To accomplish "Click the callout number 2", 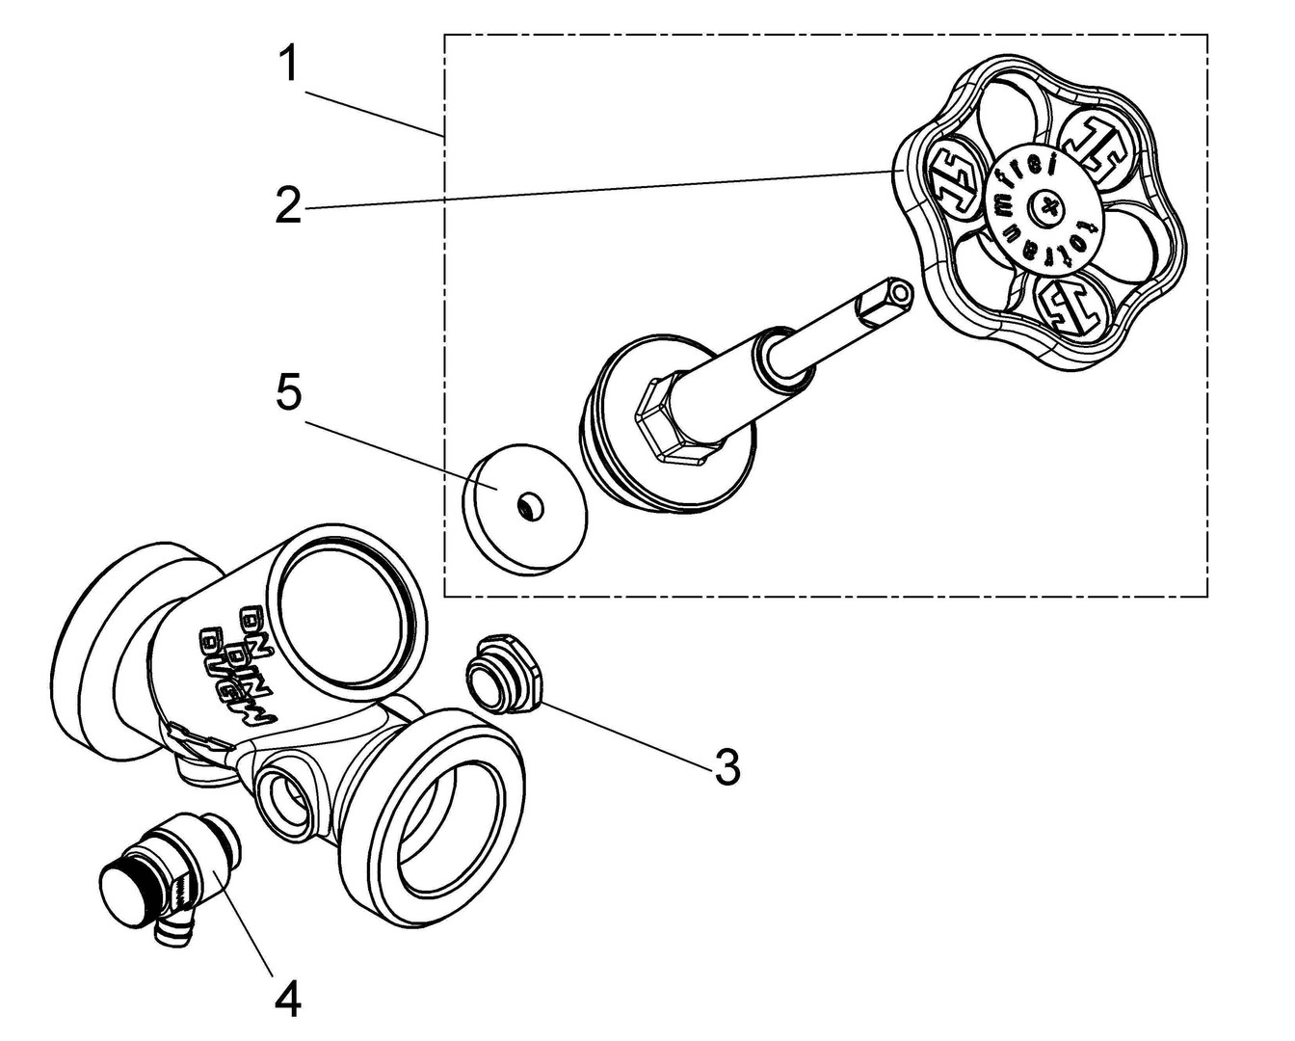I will [288, 204].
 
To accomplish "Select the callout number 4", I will [286, 999].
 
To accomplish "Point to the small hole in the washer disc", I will [528, 506].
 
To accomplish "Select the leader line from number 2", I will [597, 189].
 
